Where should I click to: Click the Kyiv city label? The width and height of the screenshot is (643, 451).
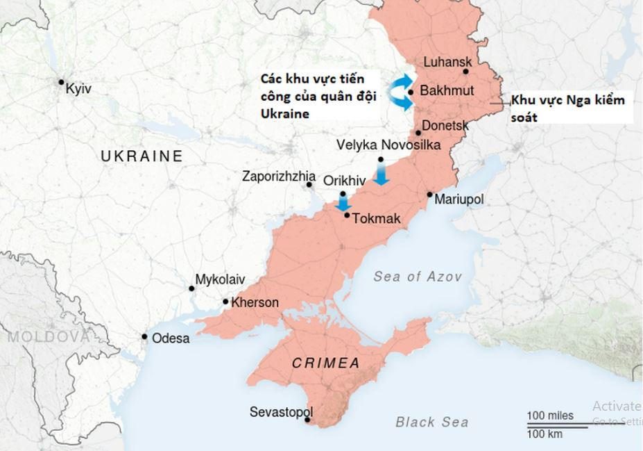(78, 89)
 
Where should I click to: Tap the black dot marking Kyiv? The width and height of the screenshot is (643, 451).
(62, 82)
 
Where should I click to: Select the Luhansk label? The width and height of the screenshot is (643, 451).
(447, 62)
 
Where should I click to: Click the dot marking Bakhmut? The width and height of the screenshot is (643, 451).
(411, 91)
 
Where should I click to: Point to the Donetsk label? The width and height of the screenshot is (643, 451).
(445, 126)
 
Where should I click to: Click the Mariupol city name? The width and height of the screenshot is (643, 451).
(458, 199)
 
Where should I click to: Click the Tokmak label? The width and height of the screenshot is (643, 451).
(377, 219)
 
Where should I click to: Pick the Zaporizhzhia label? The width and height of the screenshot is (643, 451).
(278, 176)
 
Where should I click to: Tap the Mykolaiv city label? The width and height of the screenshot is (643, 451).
(221, 279)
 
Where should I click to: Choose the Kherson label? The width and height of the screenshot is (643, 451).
(255, 303)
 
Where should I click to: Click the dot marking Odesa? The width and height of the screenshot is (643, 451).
(144, 337)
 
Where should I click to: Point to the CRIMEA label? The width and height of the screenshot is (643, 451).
(326, 363)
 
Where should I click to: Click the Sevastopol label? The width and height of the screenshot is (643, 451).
(282, 412)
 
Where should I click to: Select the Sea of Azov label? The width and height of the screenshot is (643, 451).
(417, 277)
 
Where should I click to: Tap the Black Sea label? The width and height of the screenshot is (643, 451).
(431, 422)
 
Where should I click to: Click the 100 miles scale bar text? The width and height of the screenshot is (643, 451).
(550, 416)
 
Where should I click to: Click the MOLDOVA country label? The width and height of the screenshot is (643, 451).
(48, 337)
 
